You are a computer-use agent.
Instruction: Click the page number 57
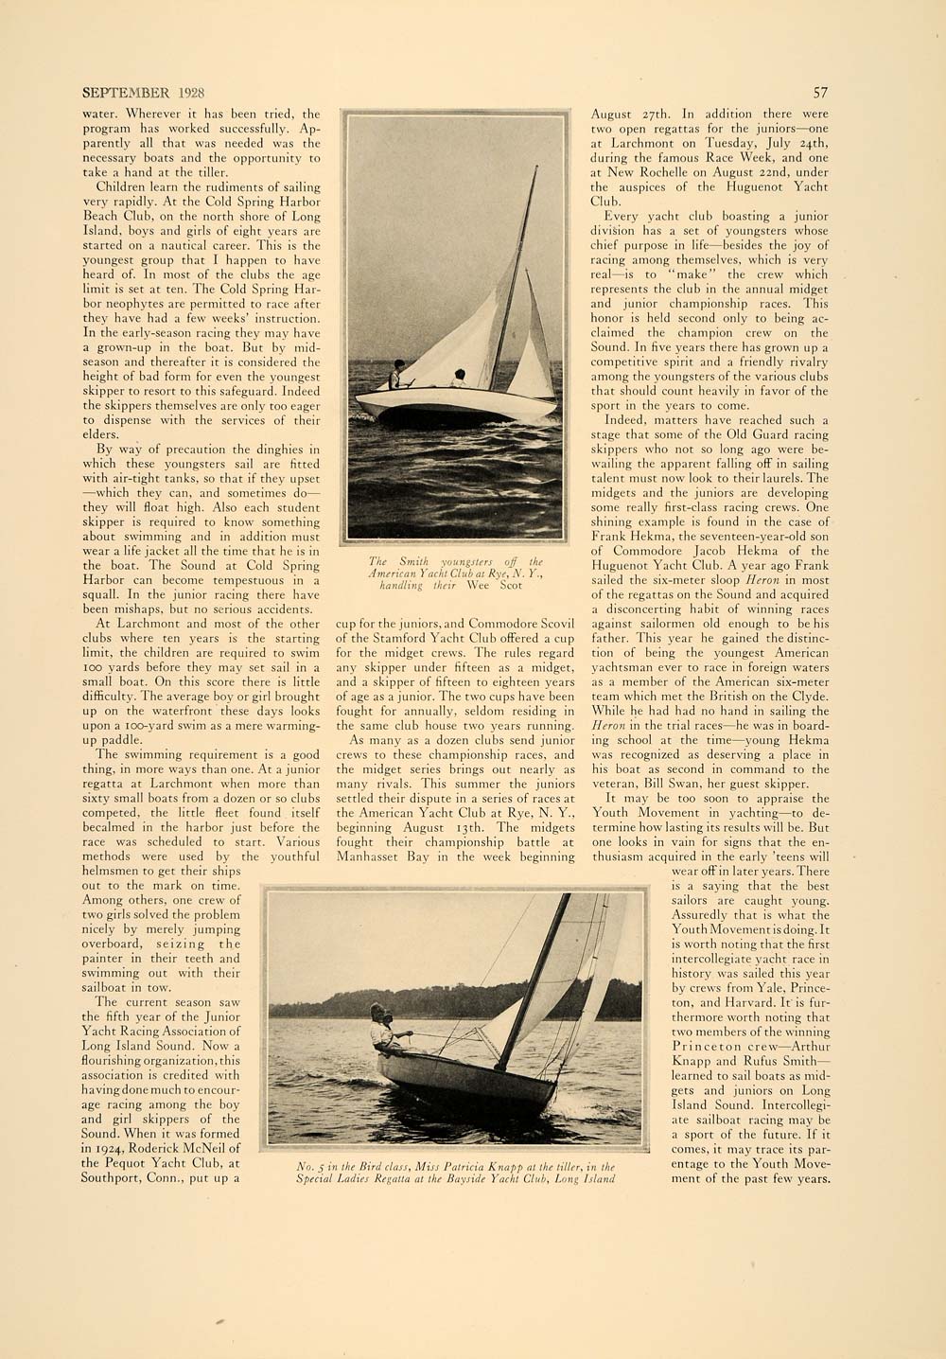820,93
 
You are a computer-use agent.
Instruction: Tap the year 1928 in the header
187,93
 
